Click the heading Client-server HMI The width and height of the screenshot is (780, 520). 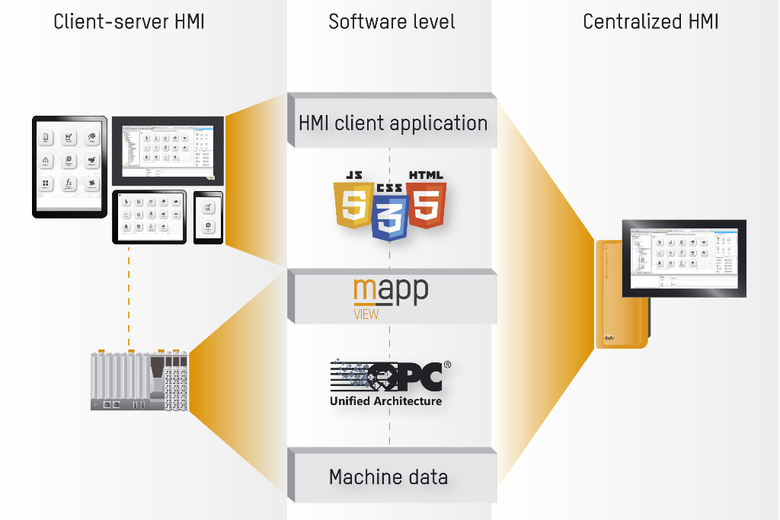(129, 21)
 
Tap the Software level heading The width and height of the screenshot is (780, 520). (392, 21)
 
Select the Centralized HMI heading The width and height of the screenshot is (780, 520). (651, 21)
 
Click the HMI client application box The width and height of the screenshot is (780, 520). (392, 123)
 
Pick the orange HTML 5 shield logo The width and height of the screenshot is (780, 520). (426, 199)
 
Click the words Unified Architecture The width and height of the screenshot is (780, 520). (385, 400)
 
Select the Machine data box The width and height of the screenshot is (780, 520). (388, 477)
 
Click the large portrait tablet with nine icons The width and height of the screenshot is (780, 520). (69, 166)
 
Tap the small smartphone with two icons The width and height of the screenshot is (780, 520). (208, 218)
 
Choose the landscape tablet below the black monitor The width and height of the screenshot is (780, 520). (149, 217)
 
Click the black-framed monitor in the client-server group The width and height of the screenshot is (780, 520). (168, 150)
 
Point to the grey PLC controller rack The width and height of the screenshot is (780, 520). (139, 381)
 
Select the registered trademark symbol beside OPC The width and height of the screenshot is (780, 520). (447, 365)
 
